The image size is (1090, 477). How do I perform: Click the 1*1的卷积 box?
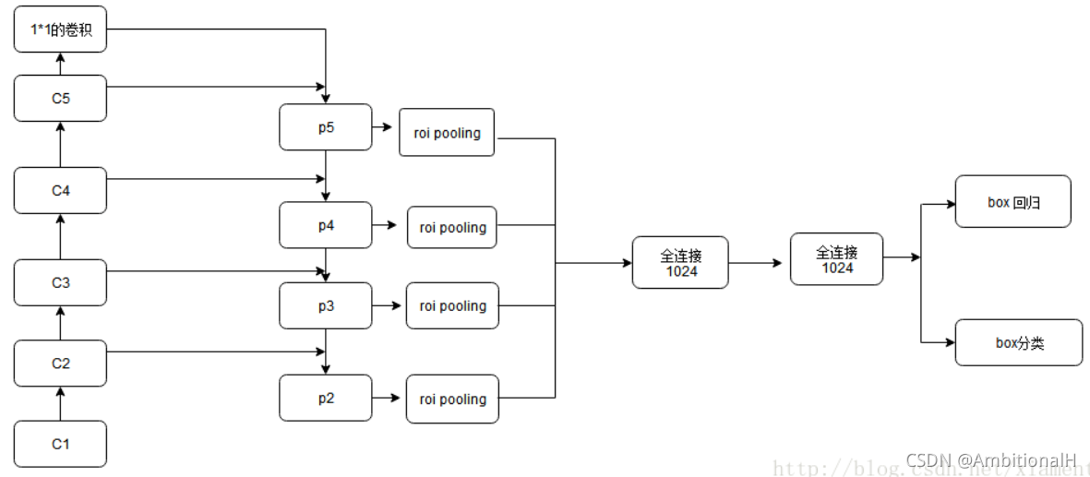tap(61, 30)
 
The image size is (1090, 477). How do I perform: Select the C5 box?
tap(61, 98)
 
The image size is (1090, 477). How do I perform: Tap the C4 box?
tap(61, 190)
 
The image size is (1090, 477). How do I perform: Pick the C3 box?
tap(61, 282)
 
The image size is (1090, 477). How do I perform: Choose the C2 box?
tap(61, 363)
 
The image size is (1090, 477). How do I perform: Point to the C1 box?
tap(61, 444)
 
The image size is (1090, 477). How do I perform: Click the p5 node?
tap(326, 127)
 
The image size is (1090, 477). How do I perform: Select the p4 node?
tap(326, 225)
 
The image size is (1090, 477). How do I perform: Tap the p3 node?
tap(326, 305)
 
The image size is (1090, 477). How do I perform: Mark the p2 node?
tap(326, 398)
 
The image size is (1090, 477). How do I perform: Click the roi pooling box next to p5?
tap(447, 133)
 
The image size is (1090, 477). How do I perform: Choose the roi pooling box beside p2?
tap(452, 399)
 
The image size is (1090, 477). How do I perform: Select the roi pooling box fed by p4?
tap(452, 227)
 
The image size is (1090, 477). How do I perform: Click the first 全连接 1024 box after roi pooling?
tap(680, 263)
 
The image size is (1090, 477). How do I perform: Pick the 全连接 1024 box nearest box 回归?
tap(837, 259)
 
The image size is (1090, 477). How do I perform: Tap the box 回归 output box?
tap(1012, 202)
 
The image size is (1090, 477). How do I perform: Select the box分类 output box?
tap(1018, 342)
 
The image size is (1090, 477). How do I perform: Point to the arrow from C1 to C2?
tap(61, 403)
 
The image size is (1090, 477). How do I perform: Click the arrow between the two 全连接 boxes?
tap(759, 263)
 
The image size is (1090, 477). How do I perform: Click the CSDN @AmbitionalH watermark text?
tap(991, 459)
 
